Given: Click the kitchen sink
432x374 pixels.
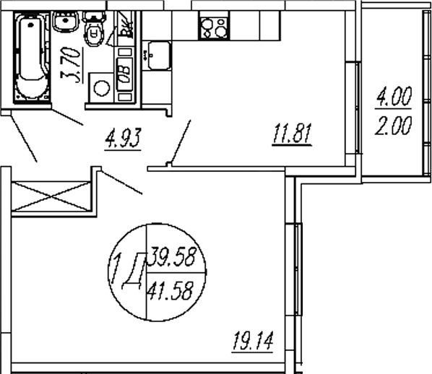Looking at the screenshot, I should (156, 54).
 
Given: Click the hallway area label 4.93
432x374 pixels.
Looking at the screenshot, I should (106, 136).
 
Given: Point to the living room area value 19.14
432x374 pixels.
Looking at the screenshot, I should (251, 338).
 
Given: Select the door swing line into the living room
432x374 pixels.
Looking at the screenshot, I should (123, 182).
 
